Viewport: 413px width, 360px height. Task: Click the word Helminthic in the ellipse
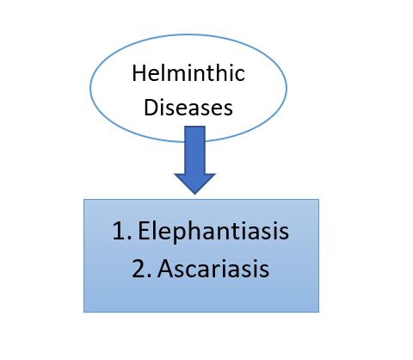tap(188, 73)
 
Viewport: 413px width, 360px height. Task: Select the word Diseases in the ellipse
tap(188, 108)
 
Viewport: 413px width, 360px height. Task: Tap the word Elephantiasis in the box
tap(213, 232)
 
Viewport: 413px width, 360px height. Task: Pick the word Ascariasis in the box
tap(213, 269)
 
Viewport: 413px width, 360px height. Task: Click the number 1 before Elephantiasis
tap(119, 230)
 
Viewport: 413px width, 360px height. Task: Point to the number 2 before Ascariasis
tap(139, 268)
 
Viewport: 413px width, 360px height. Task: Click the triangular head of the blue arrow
tap(194, 183)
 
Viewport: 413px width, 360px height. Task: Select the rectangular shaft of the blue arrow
tap(194, 150)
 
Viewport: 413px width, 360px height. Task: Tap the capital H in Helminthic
tap(139, 73)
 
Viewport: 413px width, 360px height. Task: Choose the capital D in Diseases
tap(151, 108)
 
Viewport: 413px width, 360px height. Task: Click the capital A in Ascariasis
tap(166, 268)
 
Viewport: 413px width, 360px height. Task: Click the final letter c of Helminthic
tap(240, 76)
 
